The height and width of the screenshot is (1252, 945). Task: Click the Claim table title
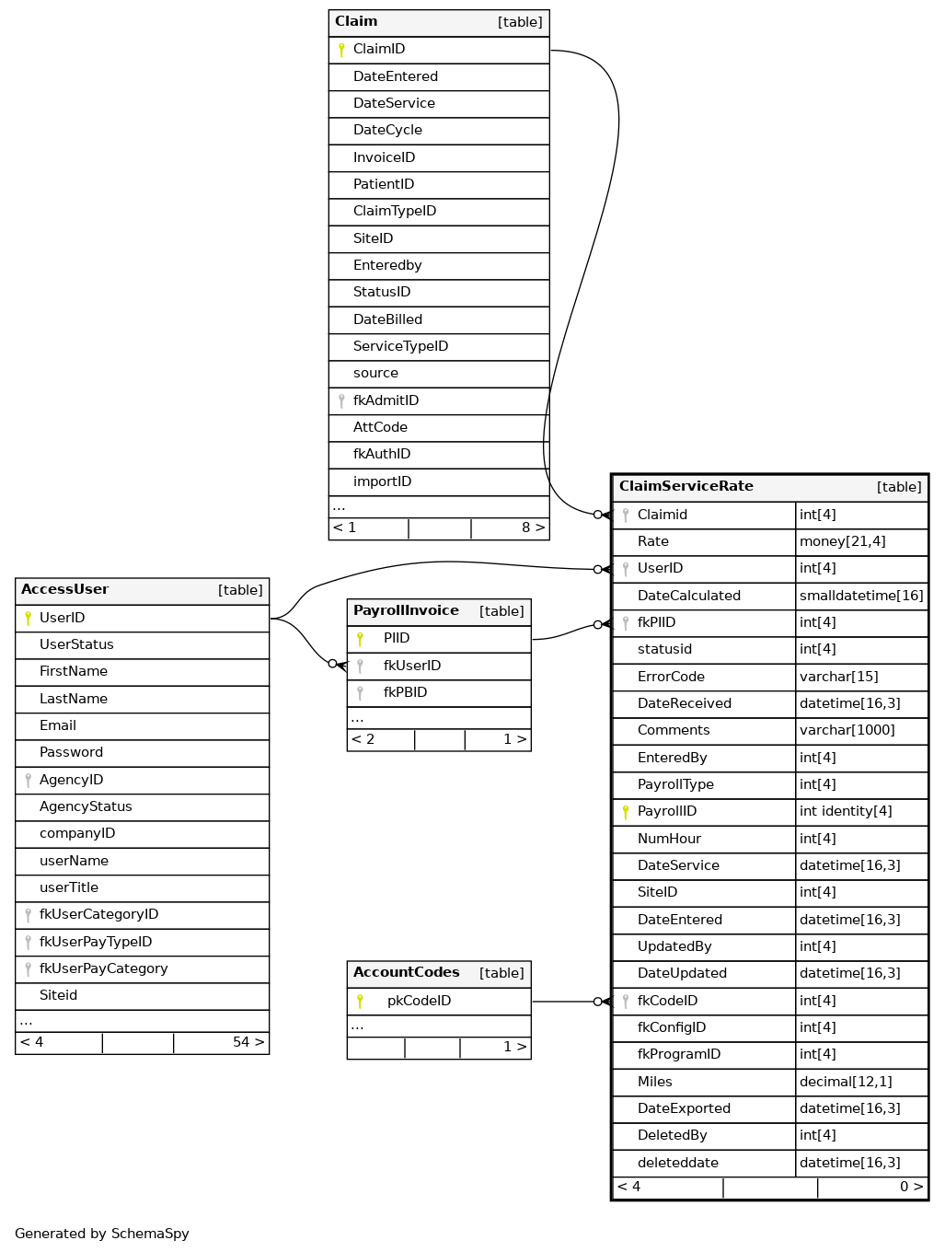click(356, 21)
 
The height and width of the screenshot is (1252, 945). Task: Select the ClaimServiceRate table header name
click(686, 486)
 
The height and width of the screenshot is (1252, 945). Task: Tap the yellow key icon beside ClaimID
click(341, 50)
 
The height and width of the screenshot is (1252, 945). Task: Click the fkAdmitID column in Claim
click(386, 400)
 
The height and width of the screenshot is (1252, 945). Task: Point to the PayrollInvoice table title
click(406, 610)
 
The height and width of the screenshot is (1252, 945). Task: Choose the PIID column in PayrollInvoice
click(397, 638)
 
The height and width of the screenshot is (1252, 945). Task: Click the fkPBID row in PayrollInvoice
click(405, 692)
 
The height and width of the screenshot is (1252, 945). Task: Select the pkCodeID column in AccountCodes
click(419, 1001)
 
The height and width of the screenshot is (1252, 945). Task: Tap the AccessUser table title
click(64, 589)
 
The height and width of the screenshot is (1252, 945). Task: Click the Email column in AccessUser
click(58, 725)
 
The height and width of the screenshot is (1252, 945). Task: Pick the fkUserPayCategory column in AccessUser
click(103, 968)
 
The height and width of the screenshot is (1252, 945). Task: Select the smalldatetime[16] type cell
click(861, 596)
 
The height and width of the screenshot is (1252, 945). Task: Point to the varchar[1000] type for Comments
click(847, 730)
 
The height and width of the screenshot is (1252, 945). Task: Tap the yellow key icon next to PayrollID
click(626, 812)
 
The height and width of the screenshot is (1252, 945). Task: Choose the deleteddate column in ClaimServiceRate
click(677, 1163)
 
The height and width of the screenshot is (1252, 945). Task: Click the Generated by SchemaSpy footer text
click(102, 1234)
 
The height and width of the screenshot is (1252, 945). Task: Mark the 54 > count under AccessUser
click(248, 1042)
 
